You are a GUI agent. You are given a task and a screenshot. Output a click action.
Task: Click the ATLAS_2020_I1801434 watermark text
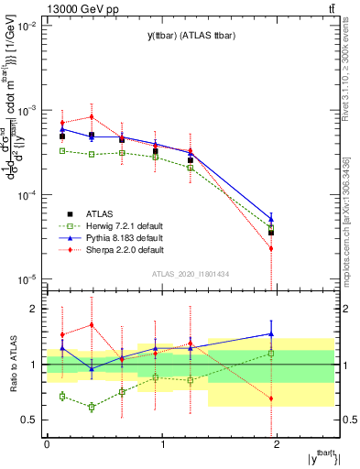click(191, 273)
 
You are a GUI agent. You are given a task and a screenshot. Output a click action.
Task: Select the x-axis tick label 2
click(278, 445)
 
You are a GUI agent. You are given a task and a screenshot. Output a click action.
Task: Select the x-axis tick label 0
click(47, 445)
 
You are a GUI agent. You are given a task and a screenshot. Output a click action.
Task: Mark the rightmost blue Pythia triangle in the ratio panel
click(271, 333)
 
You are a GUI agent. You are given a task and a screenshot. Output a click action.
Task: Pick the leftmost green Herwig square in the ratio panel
click(62, 396)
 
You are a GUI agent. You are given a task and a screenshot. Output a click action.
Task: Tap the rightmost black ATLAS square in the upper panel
click(271, 233)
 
